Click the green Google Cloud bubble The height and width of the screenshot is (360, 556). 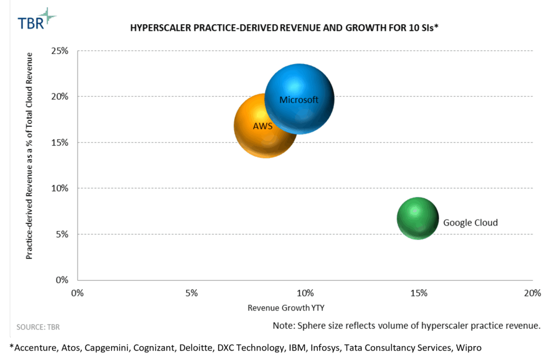click(x=417, y=218)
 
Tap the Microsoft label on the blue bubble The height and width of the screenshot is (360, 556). click(x=299, y=100)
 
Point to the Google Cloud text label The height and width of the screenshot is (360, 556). click(x=470, y=222)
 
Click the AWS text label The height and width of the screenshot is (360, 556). click(x=262, y=126)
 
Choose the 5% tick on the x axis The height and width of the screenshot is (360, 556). click(x=191, y=293)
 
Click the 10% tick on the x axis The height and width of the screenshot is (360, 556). click(x=305, y=293)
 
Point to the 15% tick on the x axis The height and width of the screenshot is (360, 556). click(x=419, y=293)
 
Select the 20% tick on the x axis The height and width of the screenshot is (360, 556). click(x=532, y=293)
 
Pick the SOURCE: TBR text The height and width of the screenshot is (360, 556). click(x=38, y=327)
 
